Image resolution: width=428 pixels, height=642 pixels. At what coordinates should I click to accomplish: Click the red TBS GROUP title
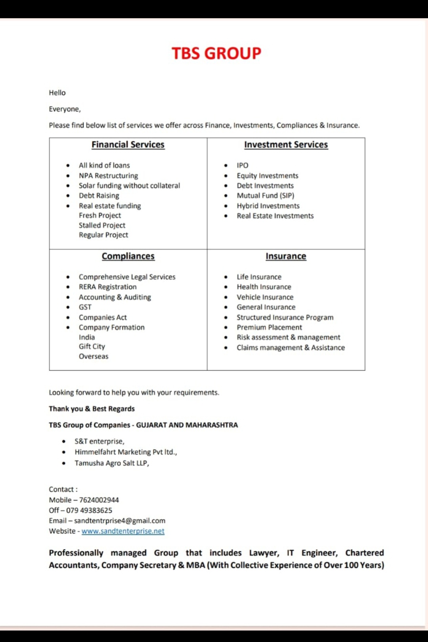coord(216,53)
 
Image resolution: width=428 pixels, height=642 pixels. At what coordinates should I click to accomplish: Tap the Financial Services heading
coord(128,145)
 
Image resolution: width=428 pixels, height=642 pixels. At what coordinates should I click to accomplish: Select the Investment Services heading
coord(286,145)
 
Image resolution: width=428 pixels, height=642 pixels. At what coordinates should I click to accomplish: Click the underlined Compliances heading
coord(128,256)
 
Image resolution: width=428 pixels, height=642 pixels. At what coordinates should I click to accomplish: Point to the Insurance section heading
coord(286,256)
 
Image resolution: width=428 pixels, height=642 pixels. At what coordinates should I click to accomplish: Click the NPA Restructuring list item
coord(108,176)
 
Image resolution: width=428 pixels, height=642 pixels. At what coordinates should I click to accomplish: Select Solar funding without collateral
coord(129,186)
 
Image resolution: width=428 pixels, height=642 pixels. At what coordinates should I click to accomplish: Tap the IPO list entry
coord(243,165)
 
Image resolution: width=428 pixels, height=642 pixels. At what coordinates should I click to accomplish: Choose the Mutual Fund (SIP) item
coord(266,195)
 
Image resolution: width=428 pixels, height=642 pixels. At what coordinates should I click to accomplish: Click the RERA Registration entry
coord(107,287)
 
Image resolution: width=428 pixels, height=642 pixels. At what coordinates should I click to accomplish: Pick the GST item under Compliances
coord(85,307)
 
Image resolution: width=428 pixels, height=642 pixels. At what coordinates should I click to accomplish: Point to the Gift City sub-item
coord(92,346)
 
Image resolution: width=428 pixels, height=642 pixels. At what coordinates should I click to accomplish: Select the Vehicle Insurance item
coord(265,297)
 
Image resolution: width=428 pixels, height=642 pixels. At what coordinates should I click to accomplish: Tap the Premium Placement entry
coord(269,327)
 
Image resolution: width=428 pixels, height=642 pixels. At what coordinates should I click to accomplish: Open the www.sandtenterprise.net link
coord(123,531)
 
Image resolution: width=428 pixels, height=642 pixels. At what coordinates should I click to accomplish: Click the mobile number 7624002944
coord(99,500)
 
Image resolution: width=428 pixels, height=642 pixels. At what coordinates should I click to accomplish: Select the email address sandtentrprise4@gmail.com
coord(120,521)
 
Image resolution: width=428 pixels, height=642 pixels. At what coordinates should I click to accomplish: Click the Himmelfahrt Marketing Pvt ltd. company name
coord(126,452)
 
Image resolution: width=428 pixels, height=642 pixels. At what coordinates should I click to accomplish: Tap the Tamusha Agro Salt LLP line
coord(112,463)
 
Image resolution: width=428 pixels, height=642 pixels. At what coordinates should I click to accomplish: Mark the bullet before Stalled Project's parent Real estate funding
coord(68,206)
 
